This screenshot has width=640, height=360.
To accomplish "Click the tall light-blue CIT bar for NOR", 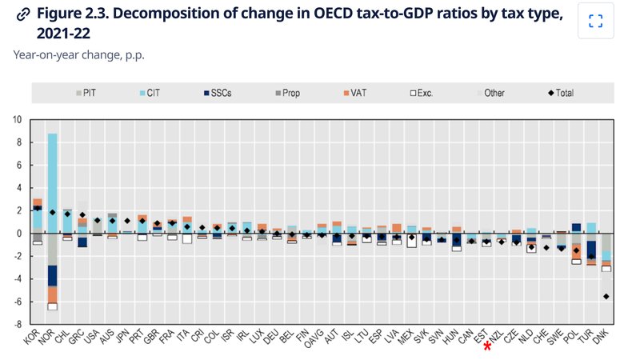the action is tap(52, 183).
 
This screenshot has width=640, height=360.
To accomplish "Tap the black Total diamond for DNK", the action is tap(606, 296).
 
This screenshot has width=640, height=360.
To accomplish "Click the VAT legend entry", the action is tap(355, 93).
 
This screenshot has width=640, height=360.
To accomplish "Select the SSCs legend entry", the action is tap(218, 93).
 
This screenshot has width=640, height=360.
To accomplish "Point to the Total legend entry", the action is tap(561, 93).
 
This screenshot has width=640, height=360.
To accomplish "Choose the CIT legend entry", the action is tap(150, 93).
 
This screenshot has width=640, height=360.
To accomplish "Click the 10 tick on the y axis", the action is tap(17, 119).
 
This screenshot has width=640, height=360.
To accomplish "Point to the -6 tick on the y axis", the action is tap(17, 302).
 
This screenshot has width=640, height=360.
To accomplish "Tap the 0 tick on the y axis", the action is tap(18, 234).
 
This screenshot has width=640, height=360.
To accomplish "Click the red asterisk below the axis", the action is tap(487, 346).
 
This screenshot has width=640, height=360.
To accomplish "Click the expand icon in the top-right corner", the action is tap(596, 21).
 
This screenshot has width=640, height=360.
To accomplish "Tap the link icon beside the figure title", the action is tap(23, 14).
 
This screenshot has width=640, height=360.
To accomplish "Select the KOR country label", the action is tap(31, 336).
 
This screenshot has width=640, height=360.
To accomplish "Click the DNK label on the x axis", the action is tap(601, 337).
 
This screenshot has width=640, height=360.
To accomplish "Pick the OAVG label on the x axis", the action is tap(314, 338).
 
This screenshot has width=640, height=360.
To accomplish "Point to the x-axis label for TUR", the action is tap(586, 336).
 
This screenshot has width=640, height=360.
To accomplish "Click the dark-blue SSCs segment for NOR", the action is tap(52, 275).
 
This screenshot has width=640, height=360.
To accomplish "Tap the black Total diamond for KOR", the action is tap(38, 208).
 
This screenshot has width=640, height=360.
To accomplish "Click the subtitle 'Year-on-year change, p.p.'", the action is tap(78, 54).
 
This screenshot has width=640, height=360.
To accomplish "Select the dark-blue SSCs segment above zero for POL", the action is tap(576, 227).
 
